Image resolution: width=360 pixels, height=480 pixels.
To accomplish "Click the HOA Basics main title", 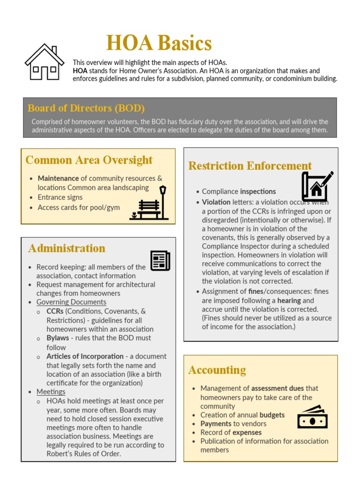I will (159, 44).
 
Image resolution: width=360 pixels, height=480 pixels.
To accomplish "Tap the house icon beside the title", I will (45, 62).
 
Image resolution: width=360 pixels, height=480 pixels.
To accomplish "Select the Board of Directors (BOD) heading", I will (86, 108).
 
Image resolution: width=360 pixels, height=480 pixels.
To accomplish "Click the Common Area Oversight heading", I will (89, 160).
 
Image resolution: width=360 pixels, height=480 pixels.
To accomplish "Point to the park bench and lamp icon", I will (149, 203).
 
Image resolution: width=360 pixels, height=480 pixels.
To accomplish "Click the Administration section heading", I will (67, 248).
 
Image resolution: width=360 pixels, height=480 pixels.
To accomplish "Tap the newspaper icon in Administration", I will (160, 261).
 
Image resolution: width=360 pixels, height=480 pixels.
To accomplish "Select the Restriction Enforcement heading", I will (250, 166).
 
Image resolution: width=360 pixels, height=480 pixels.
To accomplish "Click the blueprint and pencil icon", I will (317, 186).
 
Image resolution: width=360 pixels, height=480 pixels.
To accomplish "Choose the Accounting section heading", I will (217, 370).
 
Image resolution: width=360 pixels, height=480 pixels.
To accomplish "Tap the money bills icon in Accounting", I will (312, 417).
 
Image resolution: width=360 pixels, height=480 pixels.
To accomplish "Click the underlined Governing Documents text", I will (71, 302).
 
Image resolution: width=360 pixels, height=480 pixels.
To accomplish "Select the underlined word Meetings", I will (51, 392).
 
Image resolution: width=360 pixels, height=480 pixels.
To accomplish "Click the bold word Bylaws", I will (58, 338).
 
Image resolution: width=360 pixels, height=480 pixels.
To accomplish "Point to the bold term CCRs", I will (55, 311).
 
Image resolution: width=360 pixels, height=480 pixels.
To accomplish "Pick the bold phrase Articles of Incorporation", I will (85, 357).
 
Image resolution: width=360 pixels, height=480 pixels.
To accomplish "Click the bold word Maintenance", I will (58, 179).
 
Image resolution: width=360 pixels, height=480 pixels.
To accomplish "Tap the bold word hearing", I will (289, 300).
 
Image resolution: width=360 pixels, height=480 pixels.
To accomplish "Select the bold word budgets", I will (272, 415).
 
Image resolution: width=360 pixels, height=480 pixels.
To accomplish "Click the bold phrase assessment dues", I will (277, 389).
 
